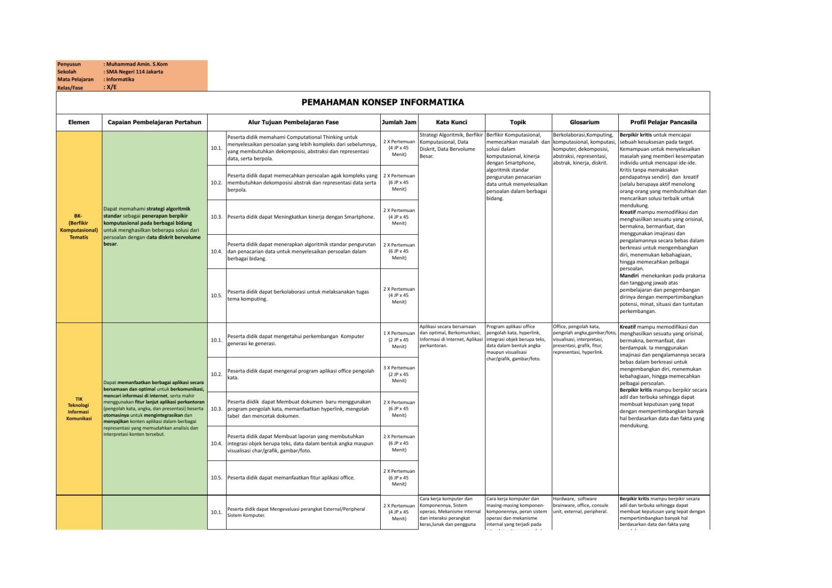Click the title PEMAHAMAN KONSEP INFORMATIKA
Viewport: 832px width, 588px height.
coord(382,102)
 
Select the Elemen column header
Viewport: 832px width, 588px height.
coord(79,122)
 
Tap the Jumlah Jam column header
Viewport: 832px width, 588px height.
coord(399,122)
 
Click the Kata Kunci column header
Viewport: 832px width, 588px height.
coord(451,122)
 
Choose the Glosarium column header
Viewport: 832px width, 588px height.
coord(584,122)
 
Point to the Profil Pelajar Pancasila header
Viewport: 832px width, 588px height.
coord(663,122)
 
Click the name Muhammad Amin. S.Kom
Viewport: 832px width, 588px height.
coord(137,64)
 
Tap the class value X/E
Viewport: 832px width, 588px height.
coord(111,87)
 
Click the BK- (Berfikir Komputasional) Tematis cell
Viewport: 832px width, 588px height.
coord(79,227)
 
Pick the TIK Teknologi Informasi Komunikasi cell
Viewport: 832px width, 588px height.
coord(79,408)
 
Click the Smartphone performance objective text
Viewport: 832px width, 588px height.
coord(301,217)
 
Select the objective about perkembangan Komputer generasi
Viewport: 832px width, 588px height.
coord(295,340)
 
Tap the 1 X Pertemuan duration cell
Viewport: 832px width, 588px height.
coord(399,340)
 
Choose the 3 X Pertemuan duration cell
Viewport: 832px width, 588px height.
coord(399,374)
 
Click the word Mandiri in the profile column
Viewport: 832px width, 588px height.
coord(629,276)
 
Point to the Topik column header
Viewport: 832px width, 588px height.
coord(518,122)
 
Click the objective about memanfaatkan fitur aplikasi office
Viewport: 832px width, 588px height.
coord(290,477)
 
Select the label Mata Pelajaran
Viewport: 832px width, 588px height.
coord(75,79)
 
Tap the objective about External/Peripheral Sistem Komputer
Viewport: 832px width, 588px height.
coord(296,512)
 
